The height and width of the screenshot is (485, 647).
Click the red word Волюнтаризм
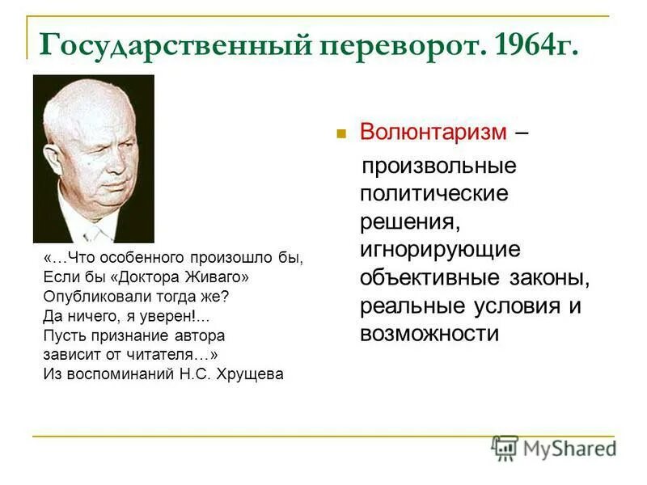[x=433, y=132]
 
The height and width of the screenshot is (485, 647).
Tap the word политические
[x=434, y=194]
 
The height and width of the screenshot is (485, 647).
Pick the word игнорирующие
[x=440, y=250]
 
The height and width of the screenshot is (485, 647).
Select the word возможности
[x=429, y=334]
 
